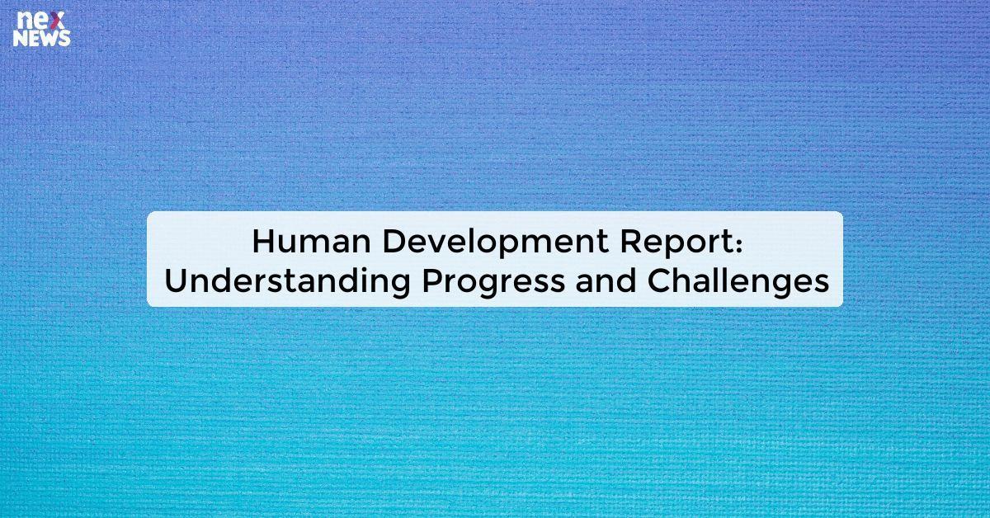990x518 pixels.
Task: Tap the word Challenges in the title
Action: [738, 281]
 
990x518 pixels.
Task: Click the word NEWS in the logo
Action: [42, 38]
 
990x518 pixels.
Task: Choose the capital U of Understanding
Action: [176, 281]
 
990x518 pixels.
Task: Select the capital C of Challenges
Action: [659, 281]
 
